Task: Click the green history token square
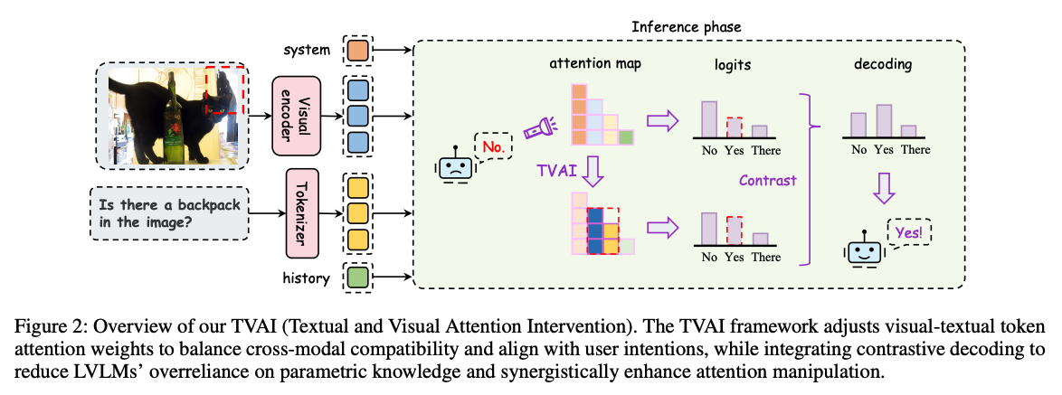click(x=356, y=277)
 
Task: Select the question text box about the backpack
click(x=169, y=213)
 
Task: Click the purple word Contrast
click(x=767, y=180)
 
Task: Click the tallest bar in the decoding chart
click(x=884, y=119)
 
